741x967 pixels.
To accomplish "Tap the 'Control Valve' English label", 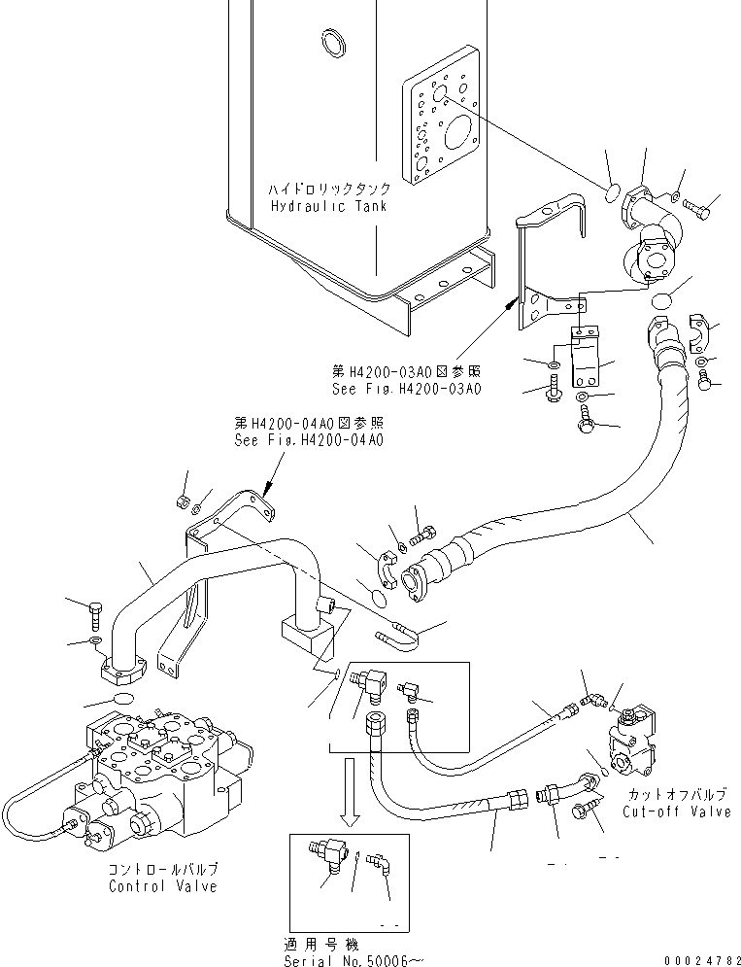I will [x=162, y=886].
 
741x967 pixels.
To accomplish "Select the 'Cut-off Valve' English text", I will [x=678, y=812].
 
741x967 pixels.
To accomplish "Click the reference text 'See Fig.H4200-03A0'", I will [x=405, y=389].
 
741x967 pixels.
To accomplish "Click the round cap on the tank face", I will [x=329, y=42].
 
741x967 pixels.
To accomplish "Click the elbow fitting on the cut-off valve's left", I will [x=589, y=700].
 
